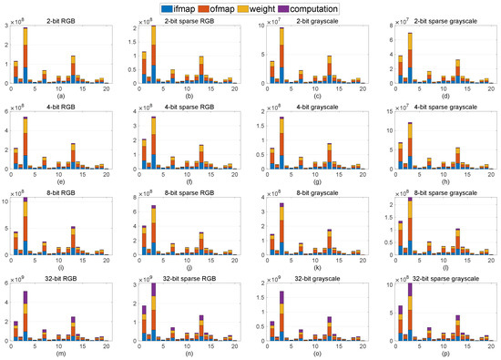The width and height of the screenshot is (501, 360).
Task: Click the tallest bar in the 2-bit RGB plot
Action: [x=26, y=56]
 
